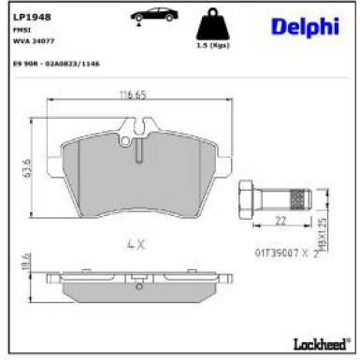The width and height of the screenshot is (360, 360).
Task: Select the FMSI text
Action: tap(21, 30)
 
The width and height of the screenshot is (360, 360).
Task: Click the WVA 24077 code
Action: tap(30, 40)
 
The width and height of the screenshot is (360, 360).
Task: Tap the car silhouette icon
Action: tap(151, 16)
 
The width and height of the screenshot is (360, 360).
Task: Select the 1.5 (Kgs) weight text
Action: tap(213, 46)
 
